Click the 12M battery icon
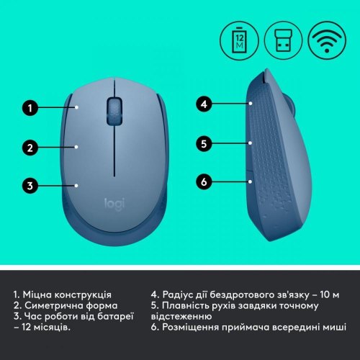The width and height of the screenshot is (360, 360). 239,37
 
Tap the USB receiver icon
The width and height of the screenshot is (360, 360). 282,37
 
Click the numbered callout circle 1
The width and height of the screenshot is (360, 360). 30,109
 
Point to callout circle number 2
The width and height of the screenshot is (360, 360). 30,148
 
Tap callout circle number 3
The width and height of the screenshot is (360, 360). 30,186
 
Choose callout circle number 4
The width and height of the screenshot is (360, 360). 204,104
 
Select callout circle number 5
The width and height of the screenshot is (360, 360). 204,143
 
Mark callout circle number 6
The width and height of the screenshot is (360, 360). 204,181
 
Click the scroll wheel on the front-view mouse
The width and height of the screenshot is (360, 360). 114,109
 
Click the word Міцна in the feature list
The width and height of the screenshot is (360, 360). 41,294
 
